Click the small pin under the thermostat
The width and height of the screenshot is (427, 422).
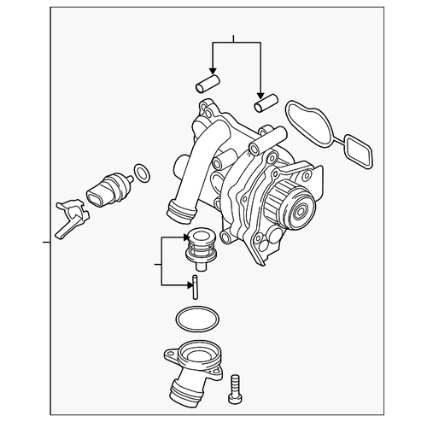pyautogui.click(x=196, y=286)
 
